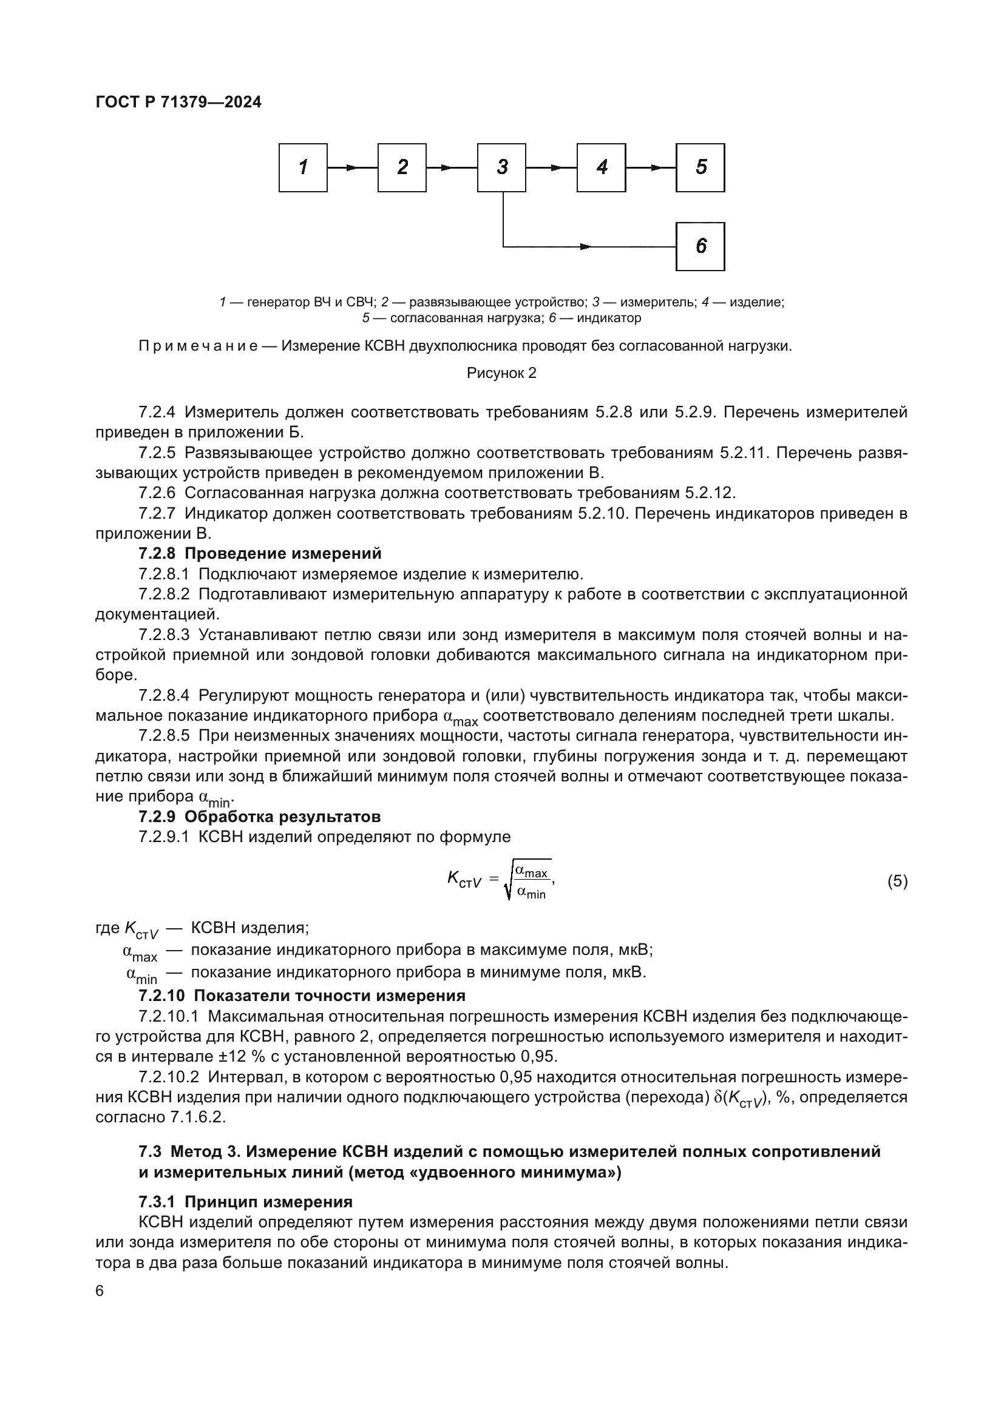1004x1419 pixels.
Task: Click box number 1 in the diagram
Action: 303,167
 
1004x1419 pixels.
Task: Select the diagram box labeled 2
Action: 402,167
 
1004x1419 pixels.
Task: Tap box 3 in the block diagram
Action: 501,167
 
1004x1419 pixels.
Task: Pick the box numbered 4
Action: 601,167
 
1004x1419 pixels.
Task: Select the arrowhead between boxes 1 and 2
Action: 352,167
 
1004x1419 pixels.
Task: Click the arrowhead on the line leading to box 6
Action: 585,246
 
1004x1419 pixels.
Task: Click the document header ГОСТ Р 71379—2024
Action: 178,103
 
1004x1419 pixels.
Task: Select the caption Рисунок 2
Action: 501,373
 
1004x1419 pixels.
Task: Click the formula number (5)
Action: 897,881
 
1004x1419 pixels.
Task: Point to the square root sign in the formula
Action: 508,883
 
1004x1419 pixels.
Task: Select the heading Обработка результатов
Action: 282,817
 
